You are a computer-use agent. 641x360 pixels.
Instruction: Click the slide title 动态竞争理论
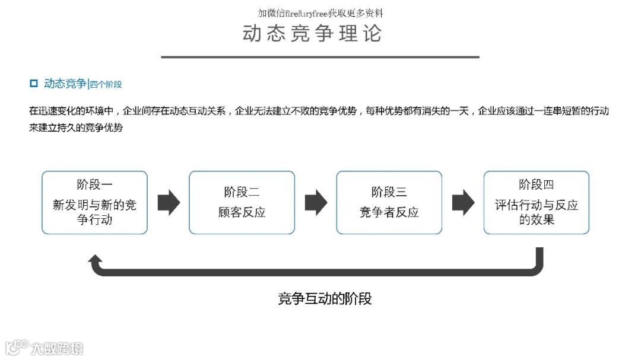(312, 33)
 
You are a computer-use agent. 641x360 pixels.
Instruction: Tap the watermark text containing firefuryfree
(320, 12)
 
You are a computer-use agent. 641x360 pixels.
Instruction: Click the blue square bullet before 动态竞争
(34, 84)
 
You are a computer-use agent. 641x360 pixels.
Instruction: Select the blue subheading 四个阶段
(106, 84)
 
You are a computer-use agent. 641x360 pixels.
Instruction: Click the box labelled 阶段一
(94, 202)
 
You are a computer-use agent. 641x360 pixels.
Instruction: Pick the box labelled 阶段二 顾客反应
(242, 202)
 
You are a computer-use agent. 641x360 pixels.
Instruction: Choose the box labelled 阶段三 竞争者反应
(389, 202)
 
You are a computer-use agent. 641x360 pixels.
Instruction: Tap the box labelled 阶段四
(536, 202)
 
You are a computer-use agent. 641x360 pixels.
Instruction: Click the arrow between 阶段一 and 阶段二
(169, 203)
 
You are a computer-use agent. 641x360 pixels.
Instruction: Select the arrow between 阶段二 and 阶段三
(316, 203)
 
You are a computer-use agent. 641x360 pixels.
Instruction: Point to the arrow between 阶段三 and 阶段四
(463, 203)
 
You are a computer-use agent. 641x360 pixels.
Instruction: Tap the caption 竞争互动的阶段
(325, 298)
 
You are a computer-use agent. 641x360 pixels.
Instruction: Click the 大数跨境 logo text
(57, 348)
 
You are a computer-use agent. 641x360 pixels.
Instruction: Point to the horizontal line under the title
(320, 57)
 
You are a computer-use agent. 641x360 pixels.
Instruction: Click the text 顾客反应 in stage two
(242, 212)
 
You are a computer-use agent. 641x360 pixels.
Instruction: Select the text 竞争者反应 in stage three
(389, 212)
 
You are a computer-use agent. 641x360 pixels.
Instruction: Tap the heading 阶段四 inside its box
(536, 184)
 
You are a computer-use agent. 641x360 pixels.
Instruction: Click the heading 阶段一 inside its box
(94, 184)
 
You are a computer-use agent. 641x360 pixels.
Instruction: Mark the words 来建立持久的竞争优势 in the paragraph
(76, 127)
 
